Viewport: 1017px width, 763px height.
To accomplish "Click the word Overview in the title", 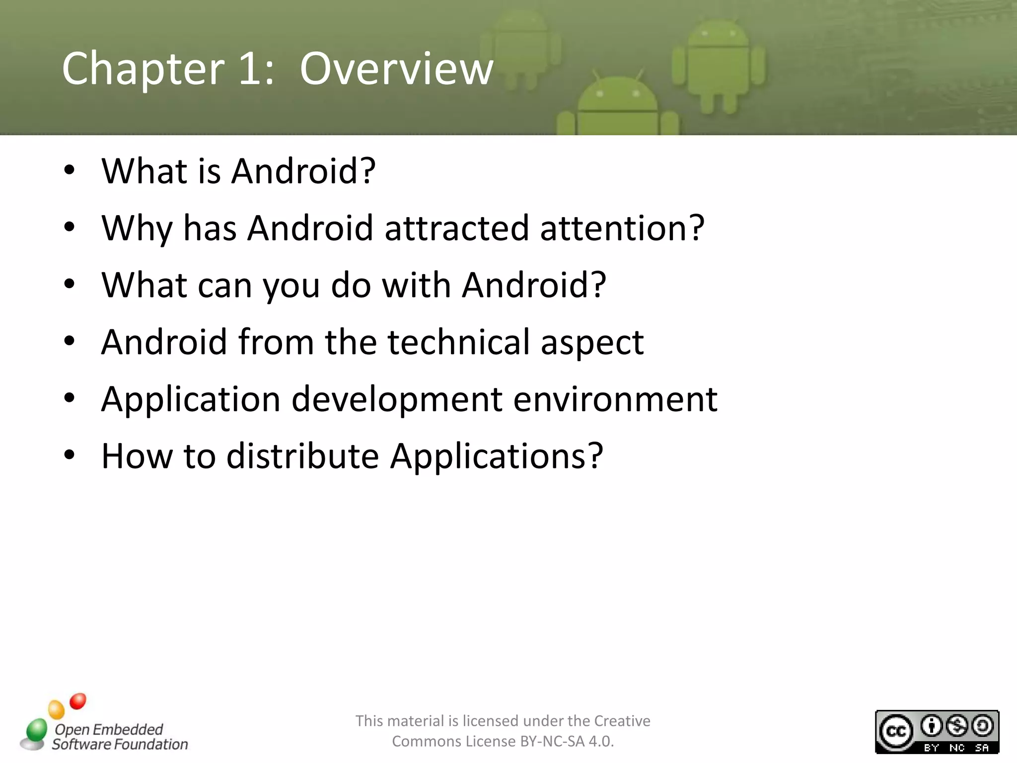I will tap(396, 69).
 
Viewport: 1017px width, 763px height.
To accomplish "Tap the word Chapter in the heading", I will tap(144, 70).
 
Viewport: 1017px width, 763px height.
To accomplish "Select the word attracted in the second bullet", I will tap(456, 228).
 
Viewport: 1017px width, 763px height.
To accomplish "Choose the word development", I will tap(397, 399).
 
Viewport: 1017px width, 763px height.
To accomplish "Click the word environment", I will tap(615, 399).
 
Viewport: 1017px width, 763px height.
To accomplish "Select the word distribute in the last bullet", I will tap(302, 456).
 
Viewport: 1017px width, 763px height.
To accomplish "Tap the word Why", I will tap(137, 229).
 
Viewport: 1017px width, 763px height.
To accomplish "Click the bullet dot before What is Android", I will tap(69, 170).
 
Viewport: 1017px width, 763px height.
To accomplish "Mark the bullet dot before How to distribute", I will tap(69, 455).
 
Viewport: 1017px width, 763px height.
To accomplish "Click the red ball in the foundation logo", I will tap(78, 701).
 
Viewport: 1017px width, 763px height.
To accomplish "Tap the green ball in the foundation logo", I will tap(36, 729).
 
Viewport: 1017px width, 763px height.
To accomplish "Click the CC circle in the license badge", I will tap(896, 731).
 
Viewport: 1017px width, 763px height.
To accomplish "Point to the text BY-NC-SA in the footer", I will tap(552, 741).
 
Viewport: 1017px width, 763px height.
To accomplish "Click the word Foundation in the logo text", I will tap(151, 744).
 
